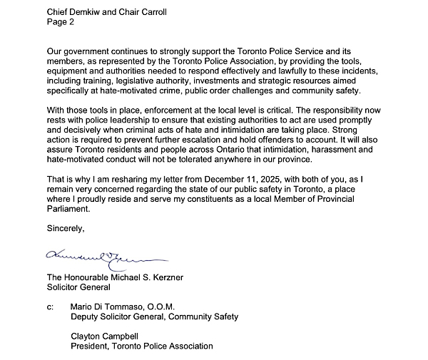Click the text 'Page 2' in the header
[61, 21]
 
